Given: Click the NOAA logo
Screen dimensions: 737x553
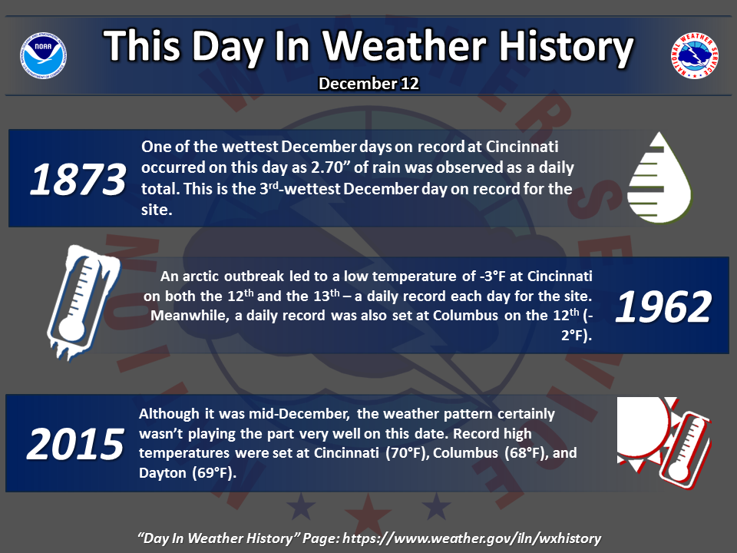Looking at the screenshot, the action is tap(43, 55).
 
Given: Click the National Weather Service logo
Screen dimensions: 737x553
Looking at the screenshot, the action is tap(695, 55).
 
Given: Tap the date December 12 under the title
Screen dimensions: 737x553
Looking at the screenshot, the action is tap(368, 84).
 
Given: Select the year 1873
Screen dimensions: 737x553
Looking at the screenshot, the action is tap(78, 179).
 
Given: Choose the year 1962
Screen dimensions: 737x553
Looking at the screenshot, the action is tap(663, 306).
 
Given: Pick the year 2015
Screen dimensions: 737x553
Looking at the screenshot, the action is tap(75, 444).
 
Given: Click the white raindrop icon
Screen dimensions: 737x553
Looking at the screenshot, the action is tap(659, 177).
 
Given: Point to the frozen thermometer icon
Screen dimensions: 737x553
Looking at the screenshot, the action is tap(83, 302).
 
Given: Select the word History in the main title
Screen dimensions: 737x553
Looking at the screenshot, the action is tap(566, 48).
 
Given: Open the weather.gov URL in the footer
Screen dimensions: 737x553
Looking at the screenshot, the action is tap(472, 538).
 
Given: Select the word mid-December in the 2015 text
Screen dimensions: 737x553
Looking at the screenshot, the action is tap(299, 414).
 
